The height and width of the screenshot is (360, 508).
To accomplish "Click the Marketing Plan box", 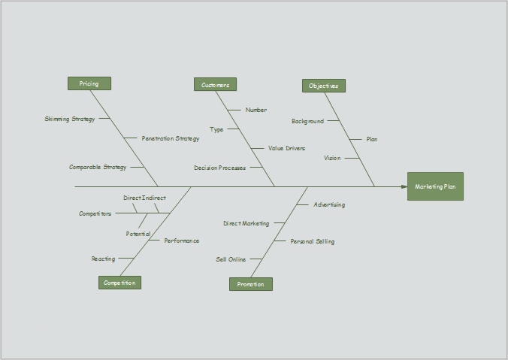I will click(435, 186).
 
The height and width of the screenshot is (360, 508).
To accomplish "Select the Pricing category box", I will click(89, 83).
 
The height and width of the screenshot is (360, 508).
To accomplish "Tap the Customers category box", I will click(215, 85).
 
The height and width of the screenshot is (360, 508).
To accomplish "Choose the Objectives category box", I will click(324, 86).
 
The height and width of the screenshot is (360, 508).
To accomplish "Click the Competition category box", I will click(119, 283).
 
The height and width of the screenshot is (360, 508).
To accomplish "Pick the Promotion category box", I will click(250, 284).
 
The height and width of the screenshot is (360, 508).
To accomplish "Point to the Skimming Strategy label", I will click(70, 119).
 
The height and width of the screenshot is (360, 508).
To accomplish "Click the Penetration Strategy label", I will click(171, 138).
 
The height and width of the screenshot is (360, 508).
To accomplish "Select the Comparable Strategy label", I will click(98, 167).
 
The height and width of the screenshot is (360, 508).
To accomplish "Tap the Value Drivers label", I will click(286, 148).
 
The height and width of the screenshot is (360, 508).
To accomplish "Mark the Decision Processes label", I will click(219, 168).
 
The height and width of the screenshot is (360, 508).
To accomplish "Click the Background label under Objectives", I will click(307, 121).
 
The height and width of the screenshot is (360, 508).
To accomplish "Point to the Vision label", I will click(332, 158).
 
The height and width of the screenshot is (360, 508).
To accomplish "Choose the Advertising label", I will click(329, 204).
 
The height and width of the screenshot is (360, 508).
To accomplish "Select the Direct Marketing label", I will click(246, 223).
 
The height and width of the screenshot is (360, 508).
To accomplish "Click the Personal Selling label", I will click(312, 241).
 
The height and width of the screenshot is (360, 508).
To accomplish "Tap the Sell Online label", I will click(231, 259).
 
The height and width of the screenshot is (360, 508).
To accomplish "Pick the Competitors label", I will click(95, 213).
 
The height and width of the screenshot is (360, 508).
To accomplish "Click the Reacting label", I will click(104, 259).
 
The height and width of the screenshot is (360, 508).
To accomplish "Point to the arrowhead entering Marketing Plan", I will click(404, 186).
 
